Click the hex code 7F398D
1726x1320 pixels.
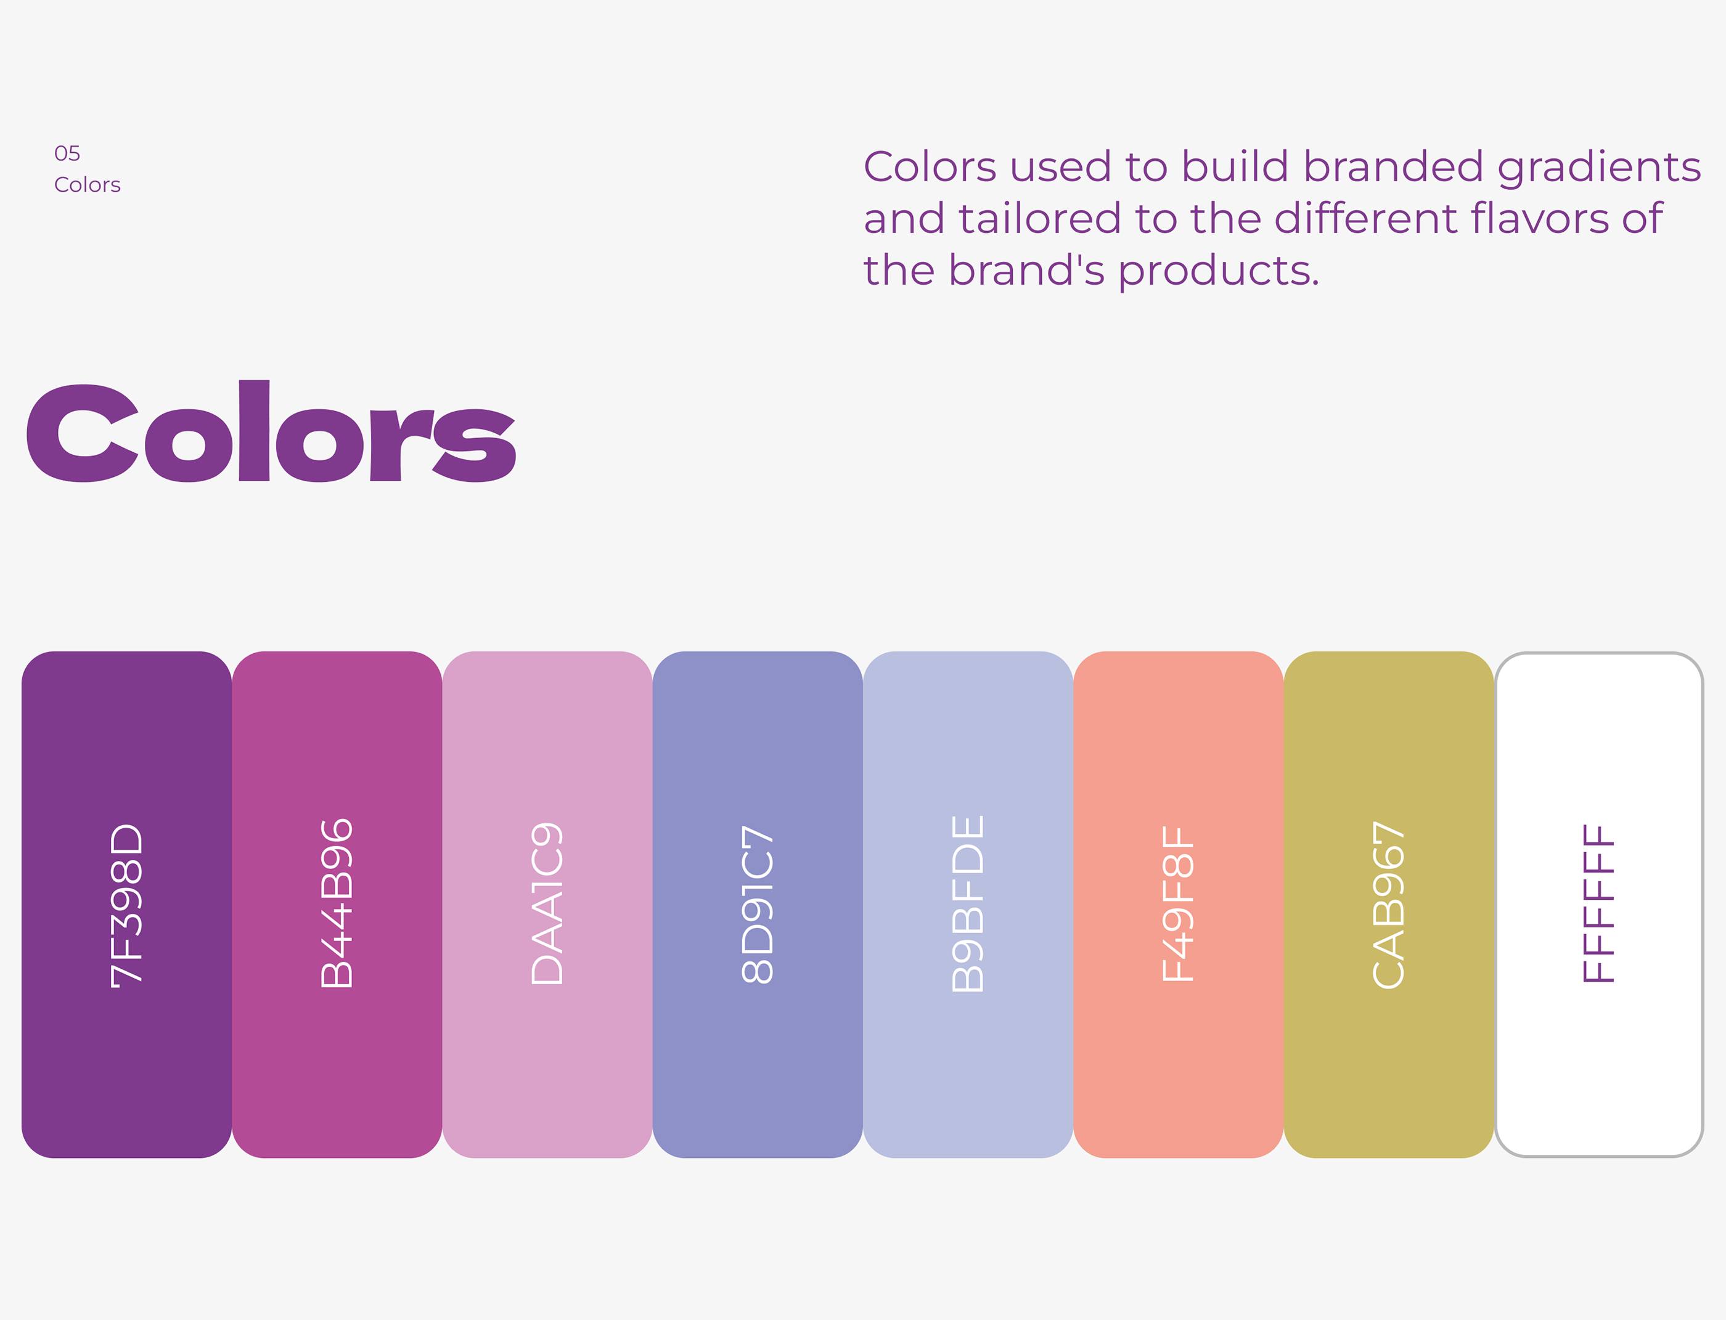coord(126,905)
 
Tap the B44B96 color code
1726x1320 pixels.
coord(337,903)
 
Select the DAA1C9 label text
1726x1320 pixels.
coord(547,903)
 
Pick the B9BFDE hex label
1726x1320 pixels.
coord(968,903)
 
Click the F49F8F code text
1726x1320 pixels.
coord(1178,903)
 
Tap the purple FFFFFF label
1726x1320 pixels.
coord(1598,903)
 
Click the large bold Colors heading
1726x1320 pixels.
coord(271,432)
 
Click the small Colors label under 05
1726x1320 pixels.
coord(88,185)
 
